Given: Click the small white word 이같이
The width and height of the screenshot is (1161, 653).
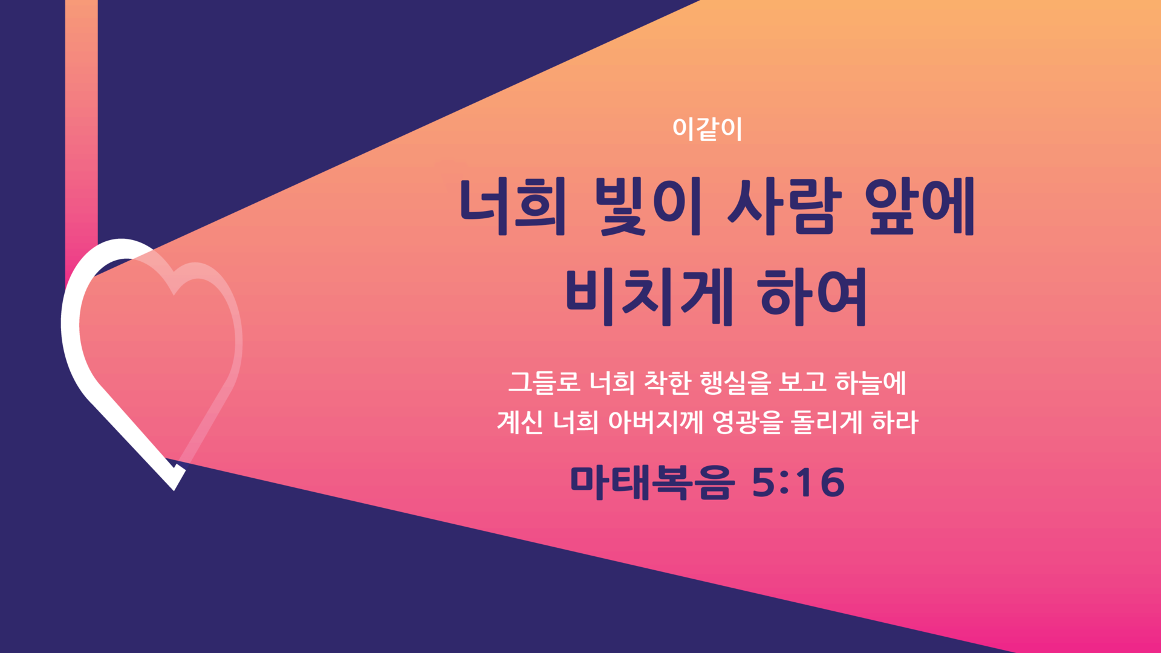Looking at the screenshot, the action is pyautogui.click(x=707, y=129).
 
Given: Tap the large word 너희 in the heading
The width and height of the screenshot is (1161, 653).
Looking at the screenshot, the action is pyautogui.click(x=513, y=206).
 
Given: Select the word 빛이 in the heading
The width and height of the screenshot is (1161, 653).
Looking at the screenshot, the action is pyautogui.click(x=648, y=206).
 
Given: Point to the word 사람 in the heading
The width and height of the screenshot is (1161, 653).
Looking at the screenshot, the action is pyautogui.click(x=784, y=206).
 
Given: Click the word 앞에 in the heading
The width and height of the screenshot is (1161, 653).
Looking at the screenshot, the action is pyautogui.click(x=920, y=206).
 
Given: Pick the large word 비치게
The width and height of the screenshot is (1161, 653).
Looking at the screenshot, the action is pyautogui.click(x=649, y=297).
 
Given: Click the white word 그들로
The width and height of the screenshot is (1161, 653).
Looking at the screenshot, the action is pyautogui.click(x=544, y=382).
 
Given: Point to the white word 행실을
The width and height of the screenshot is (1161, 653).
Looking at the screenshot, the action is pyautogui.click(x=735, y=383).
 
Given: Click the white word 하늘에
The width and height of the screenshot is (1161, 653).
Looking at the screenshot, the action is pyautogui.click(x=871, y=383).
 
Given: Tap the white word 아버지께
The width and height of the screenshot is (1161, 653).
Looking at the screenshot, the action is pyautogui.click(x=655, y=422).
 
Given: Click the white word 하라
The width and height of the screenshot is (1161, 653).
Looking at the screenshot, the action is pyautogui.click(x=895, y=422).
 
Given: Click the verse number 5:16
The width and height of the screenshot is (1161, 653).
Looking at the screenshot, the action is pyautogui.click(x=798, y=482).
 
